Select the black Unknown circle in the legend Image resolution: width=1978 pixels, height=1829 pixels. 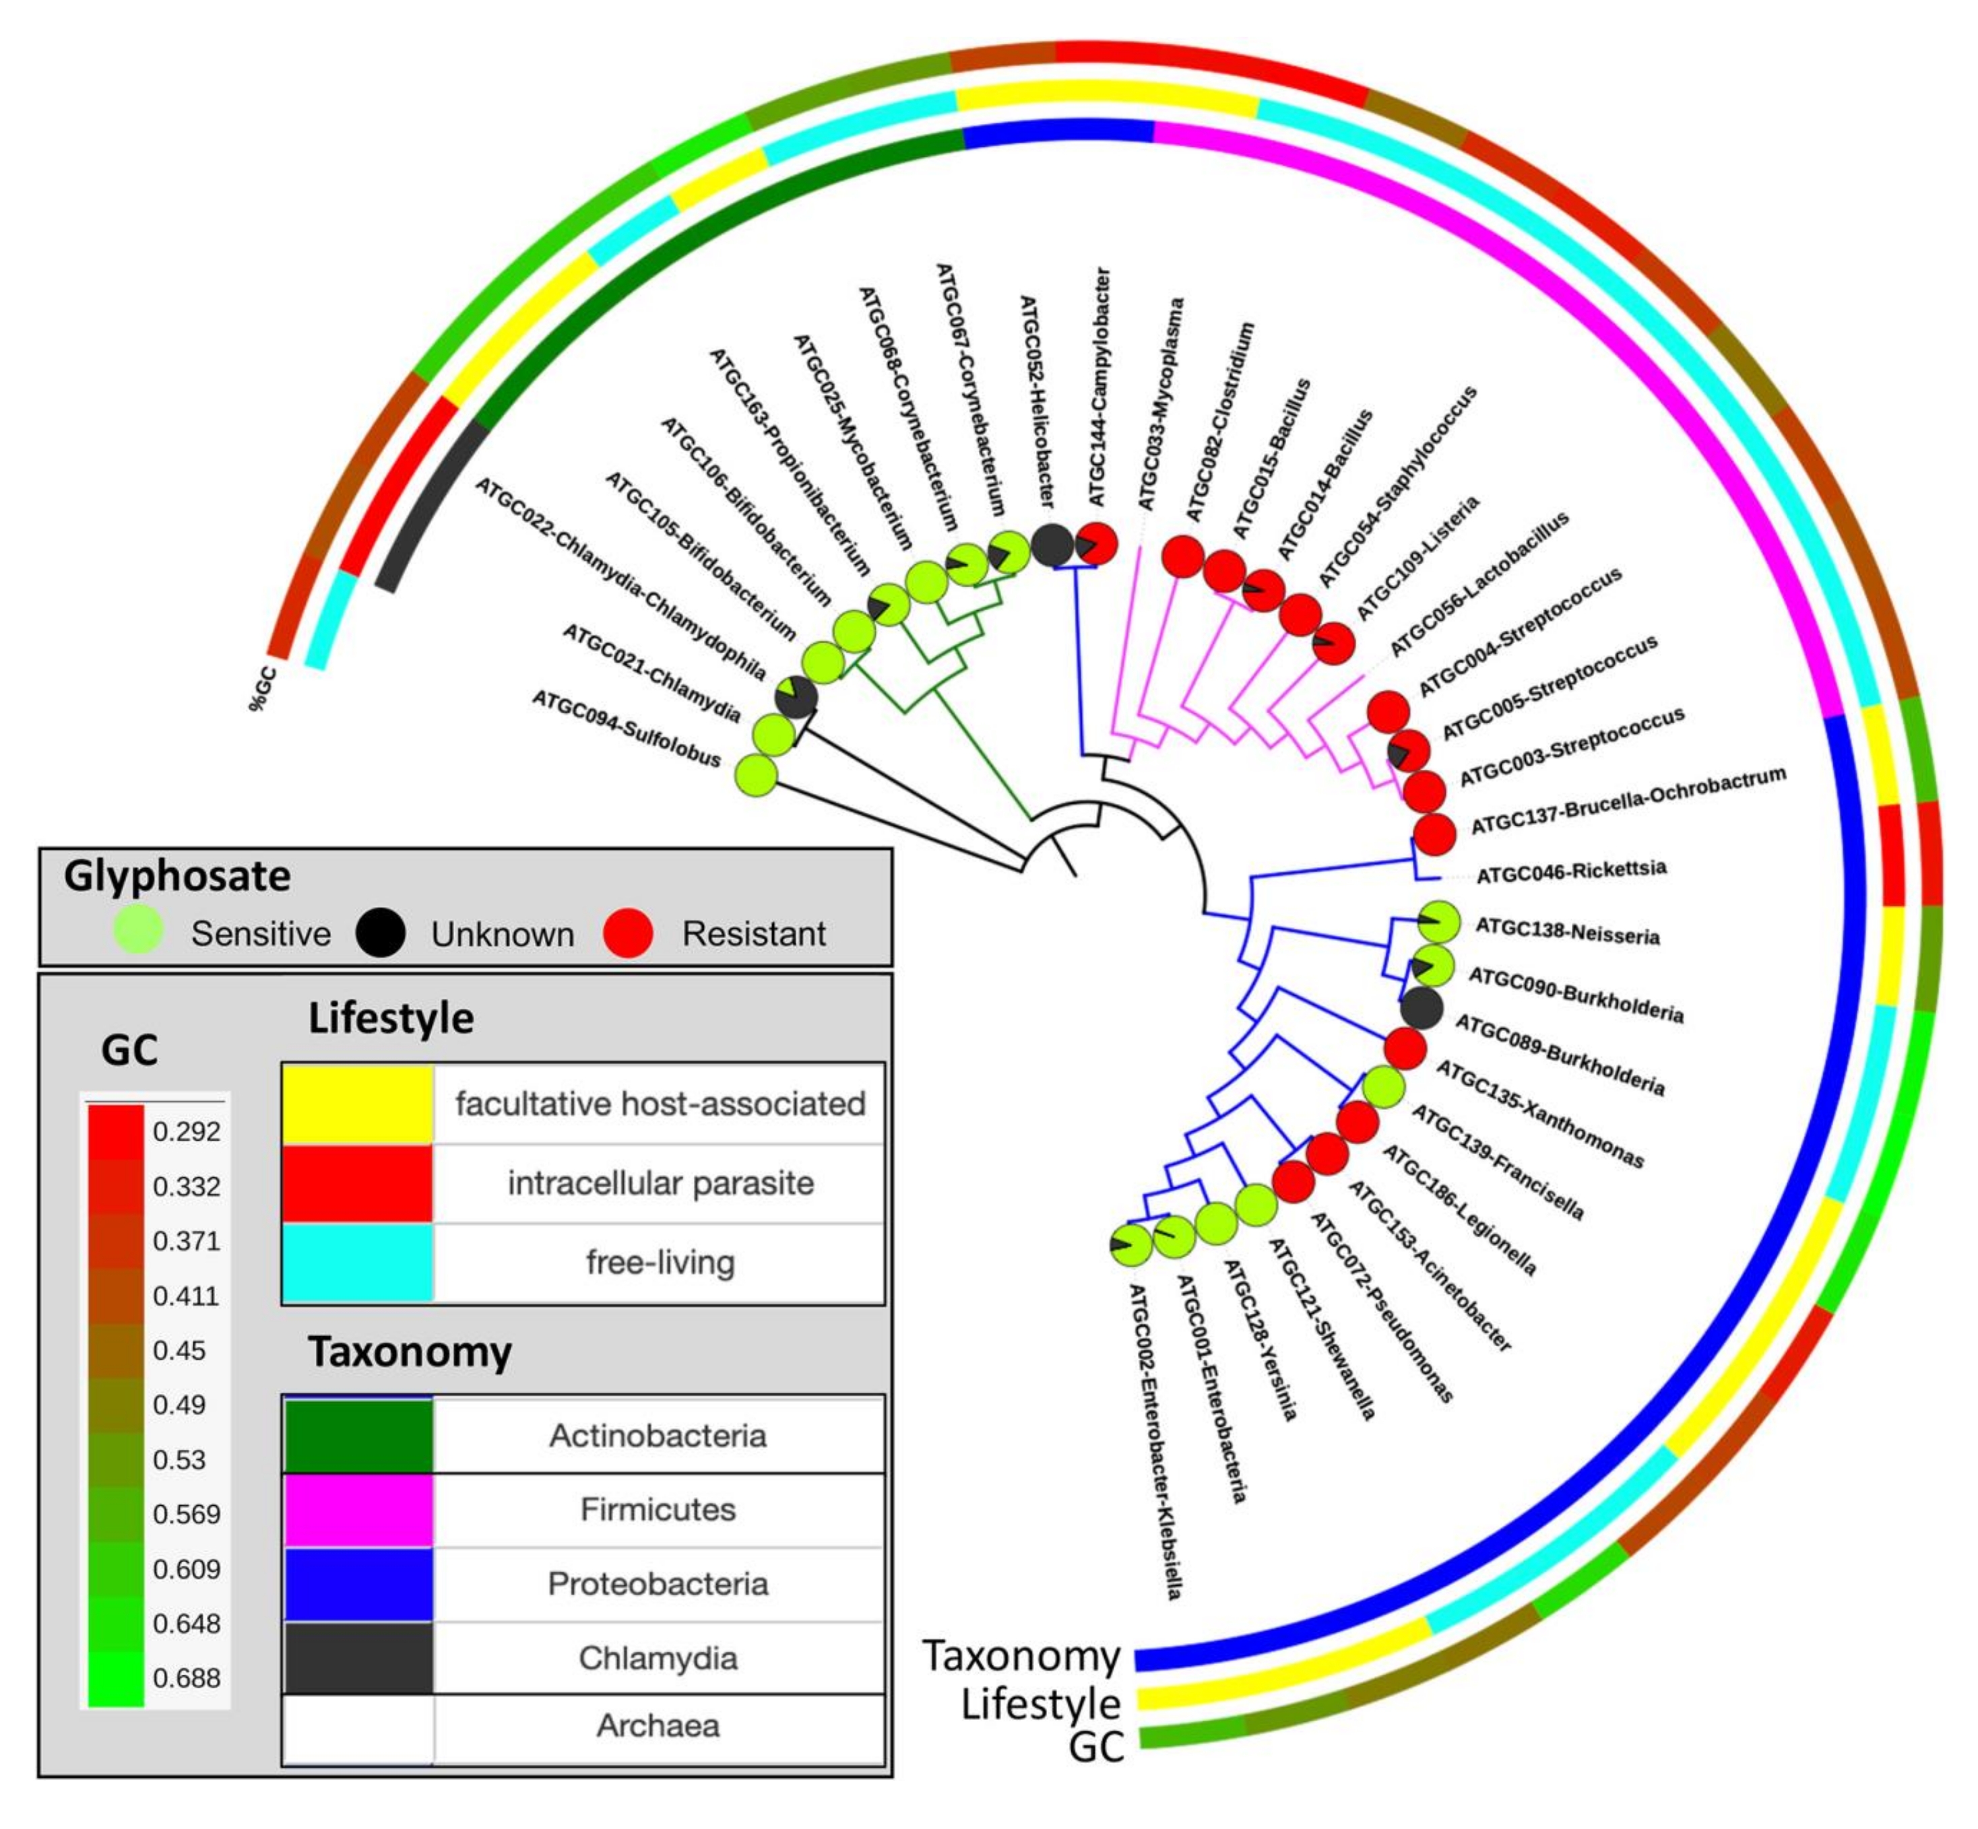[380, 931]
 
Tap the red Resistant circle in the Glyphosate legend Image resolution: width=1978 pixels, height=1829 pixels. [628, 931]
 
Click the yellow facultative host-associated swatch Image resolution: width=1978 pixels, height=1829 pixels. [357, 1102]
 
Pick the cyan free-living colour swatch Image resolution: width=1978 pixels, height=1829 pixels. [357, 1262]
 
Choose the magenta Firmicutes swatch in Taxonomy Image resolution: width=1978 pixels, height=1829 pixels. [357, 1509]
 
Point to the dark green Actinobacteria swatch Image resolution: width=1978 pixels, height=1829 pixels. [357, 1435]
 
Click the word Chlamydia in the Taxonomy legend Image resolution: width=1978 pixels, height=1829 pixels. [658, 1658]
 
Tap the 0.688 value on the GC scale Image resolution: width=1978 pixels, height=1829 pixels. [186, 1677]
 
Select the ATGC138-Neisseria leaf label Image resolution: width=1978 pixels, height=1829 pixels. [1566, 931]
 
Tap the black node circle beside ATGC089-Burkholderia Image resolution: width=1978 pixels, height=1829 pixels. [1422, 1009]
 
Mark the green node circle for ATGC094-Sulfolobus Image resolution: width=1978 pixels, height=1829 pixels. [755, 774]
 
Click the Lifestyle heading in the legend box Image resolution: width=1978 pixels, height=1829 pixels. [391, 1018]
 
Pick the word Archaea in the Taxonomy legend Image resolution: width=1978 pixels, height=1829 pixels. [658, 1725]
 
